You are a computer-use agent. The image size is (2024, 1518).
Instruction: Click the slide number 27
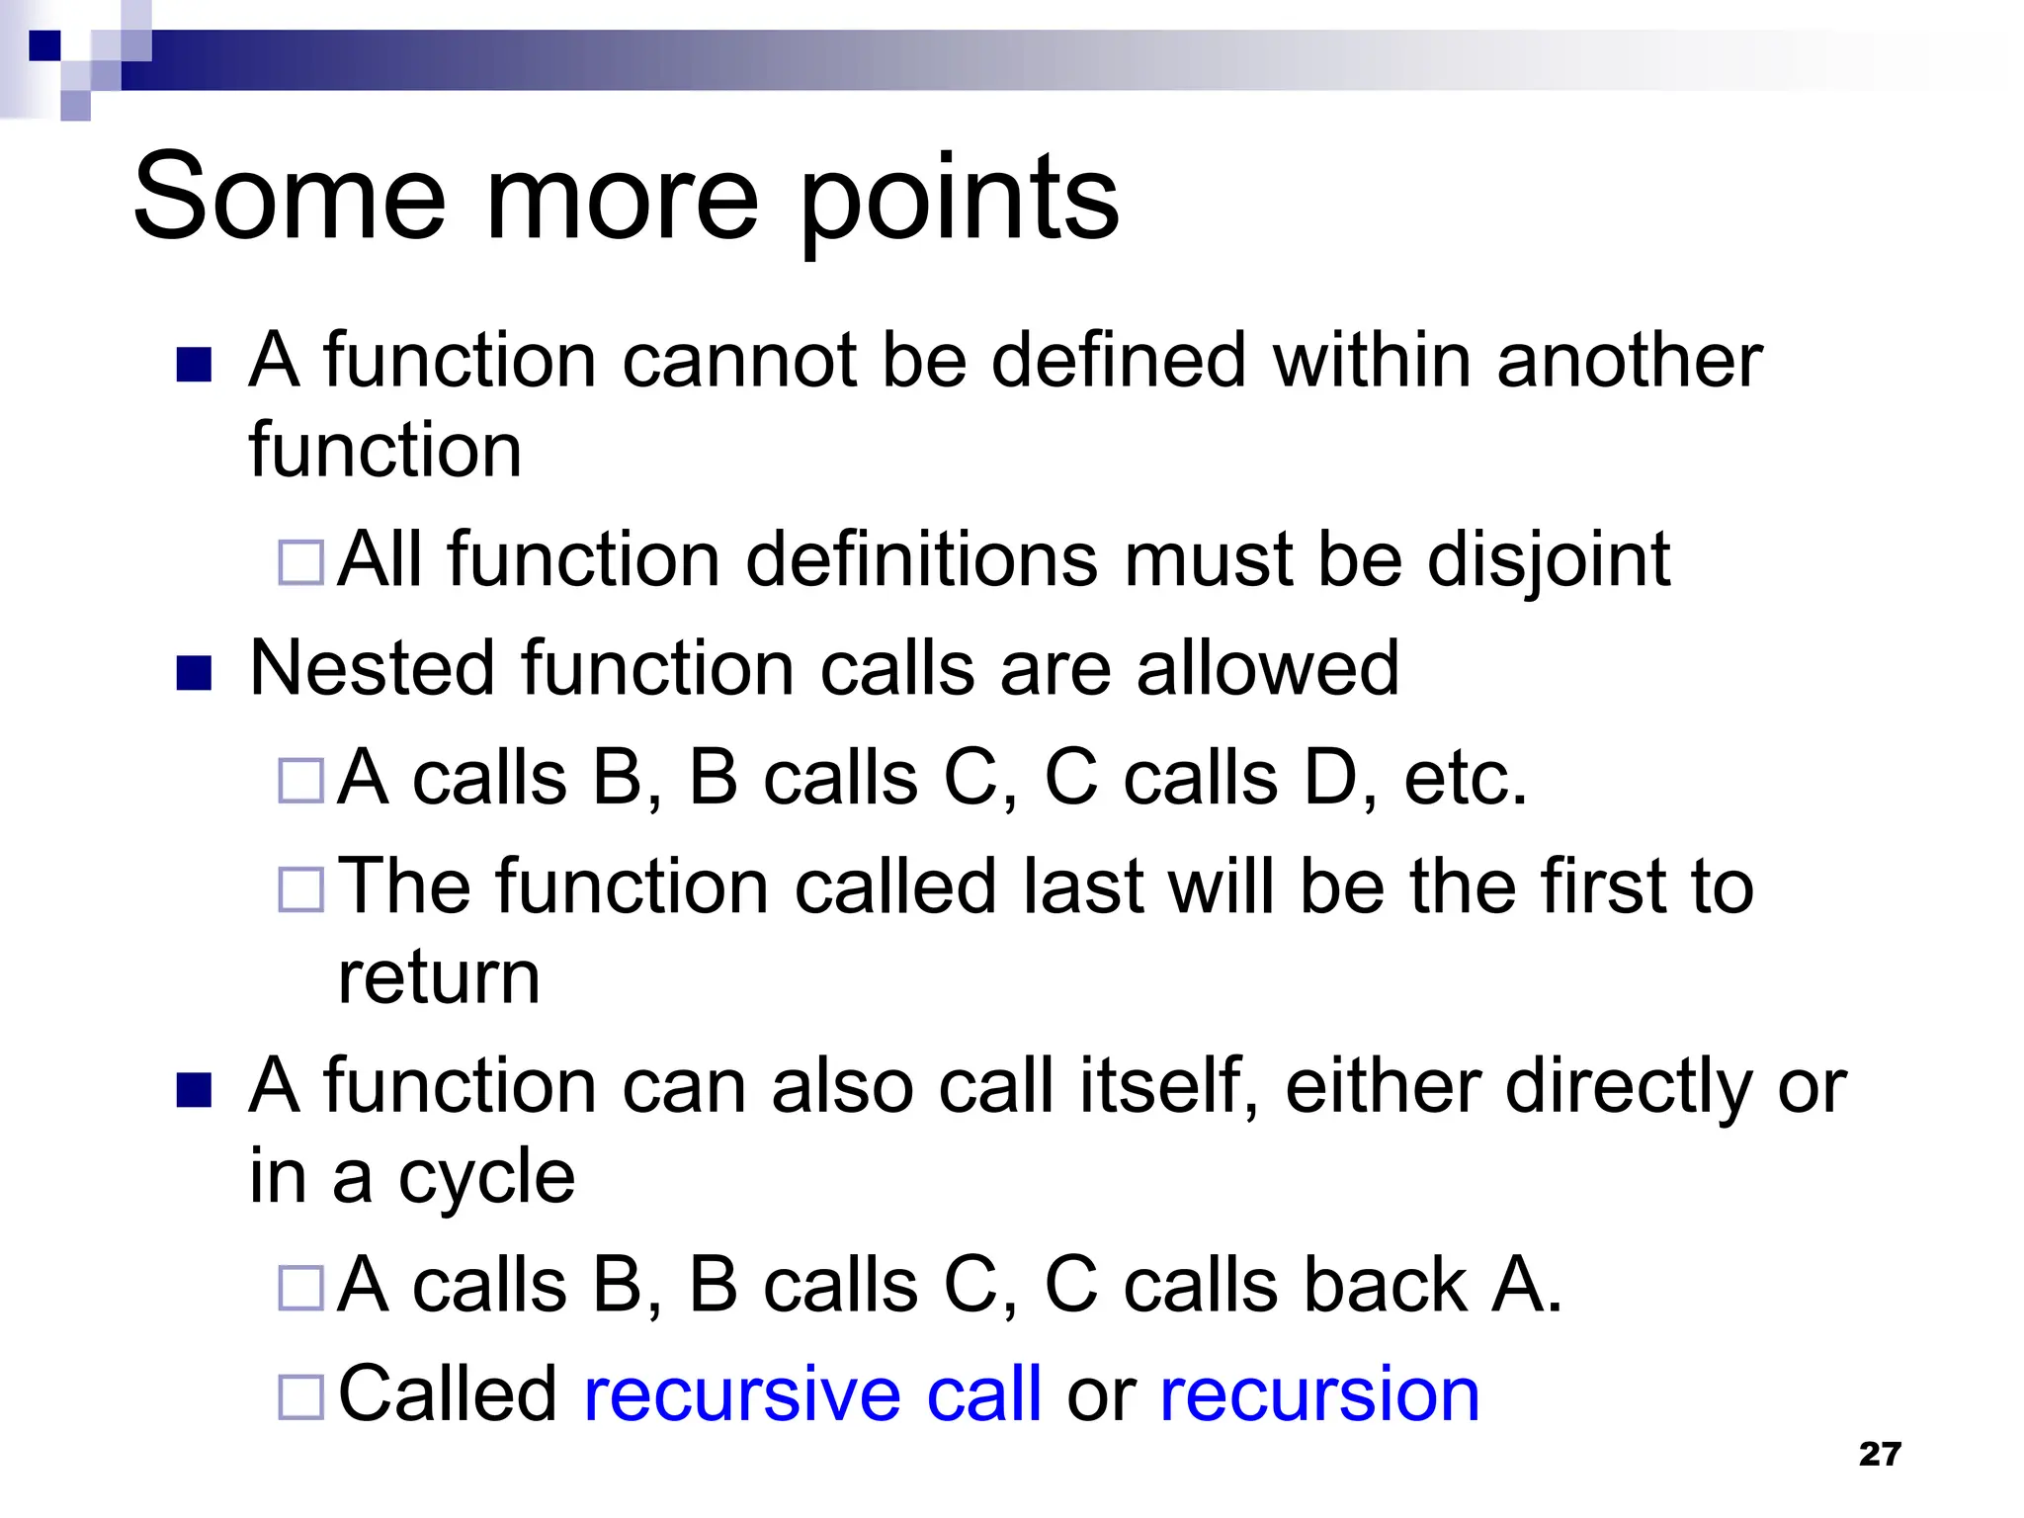(x=1879, y=1454)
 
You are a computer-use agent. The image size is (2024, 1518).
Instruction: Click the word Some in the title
(x=290, y=198)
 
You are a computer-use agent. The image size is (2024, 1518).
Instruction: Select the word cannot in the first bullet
(x=738, y=361)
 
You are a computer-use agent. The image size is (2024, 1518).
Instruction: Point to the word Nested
(x=372, y=669)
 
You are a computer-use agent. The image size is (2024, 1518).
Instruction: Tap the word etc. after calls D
(x=1466, y=779)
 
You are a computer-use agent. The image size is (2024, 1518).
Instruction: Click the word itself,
(x=1168, y=1086)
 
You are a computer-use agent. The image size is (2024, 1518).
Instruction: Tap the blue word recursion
(x=1319, y=1394)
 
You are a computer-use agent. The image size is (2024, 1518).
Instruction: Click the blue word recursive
(x=742, y=1394)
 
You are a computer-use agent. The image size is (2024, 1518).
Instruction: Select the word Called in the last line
(x=448, y=1394)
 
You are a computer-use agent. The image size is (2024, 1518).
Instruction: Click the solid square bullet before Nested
(x=194, y=674)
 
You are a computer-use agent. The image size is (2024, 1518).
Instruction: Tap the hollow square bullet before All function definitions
(x=301, y=563)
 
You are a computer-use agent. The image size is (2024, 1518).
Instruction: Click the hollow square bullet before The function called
(x=301, y=889)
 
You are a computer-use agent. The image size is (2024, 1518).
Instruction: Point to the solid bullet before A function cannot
(x=194, y=365)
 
